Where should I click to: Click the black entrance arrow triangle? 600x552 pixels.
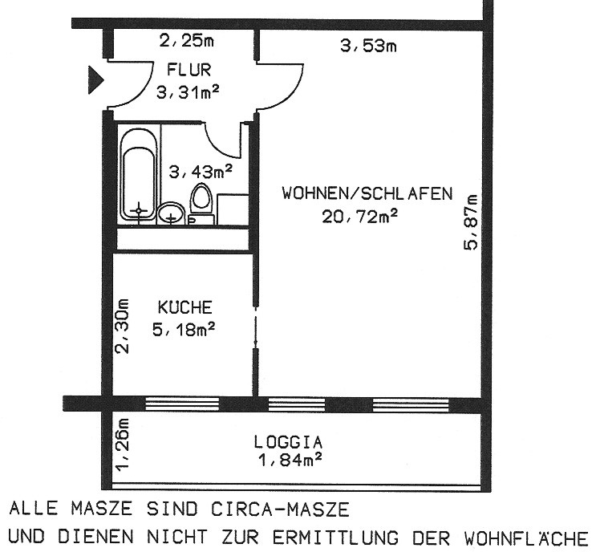(x=95, y=80)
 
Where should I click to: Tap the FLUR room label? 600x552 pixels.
(x=189, y=71)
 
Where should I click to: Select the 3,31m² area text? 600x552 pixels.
(x=188, y=92)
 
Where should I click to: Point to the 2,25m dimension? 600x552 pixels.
(x=186, y=41)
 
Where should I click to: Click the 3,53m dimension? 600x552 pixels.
(x=368, y=47)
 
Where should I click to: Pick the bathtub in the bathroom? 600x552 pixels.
(x=139, y=177)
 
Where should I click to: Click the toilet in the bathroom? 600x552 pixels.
(x=201, y=204)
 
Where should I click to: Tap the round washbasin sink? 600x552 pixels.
(x=171, y=213)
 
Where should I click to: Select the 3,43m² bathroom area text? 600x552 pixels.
(x=201, y=172)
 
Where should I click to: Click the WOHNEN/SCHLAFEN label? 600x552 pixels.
(x=367, y=193)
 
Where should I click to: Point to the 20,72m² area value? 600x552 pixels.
(x=359, y=217)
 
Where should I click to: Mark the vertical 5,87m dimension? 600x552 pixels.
(x=471, y=222)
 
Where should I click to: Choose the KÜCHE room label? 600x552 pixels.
(x=184, y=307)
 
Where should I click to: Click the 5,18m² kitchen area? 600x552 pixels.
(x=184, y=330)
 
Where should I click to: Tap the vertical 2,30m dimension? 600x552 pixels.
(x=123, y=326)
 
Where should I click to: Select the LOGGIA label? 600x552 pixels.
(x=288, y=443)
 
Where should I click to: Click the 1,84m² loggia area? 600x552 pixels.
(x=290, y=459)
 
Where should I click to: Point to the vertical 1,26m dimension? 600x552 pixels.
(x=123, y=444)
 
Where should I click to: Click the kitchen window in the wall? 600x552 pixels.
(x=182, y=404)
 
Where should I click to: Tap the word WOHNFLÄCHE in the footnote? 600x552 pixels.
(x=526, y=538)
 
